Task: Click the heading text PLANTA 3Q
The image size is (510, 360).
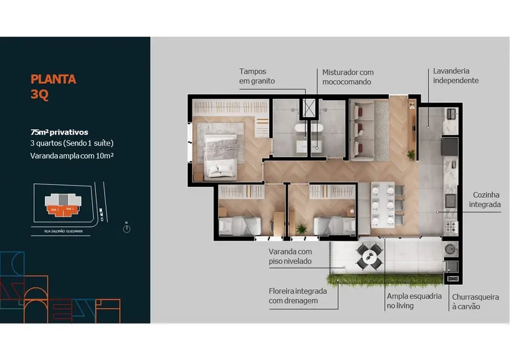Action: pos(53,86)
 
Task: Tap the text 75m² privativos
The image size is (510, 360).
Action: pos(59,132)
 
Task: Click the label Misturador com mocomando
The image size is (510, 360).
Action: pos(348,76)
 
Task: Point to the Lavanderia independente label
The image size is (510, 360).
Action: pos(452,76)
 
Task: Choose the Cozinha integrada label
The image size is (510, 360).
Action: pos(486,199)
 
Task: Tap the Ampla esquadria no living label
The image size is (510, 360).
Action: pos(414,301)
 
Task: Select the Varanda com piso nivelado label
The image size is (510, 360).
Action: pos(290,256)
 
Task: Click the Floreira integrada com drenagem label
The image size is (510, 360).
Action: pos(297,295)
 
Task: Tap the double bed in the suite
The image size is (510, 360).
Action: pos(221,156)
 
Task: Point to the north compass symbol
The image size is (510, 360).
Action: pos(126,228)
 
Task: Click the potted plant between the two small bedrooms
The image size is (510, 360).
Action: pos(302,228)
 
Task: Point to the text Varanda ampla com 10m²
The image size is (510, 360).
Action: pos(72,155)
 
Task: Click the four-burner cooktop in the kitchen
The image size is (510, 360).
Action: pos(451,227)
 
